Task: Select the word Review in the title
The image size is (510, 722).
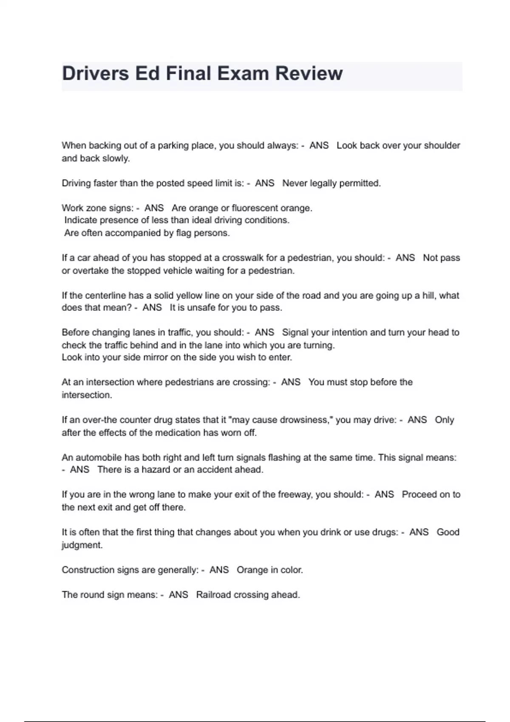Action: click(x=309, y=73)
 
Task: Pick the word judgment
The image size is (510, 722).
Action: click(x=82, y=545)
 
